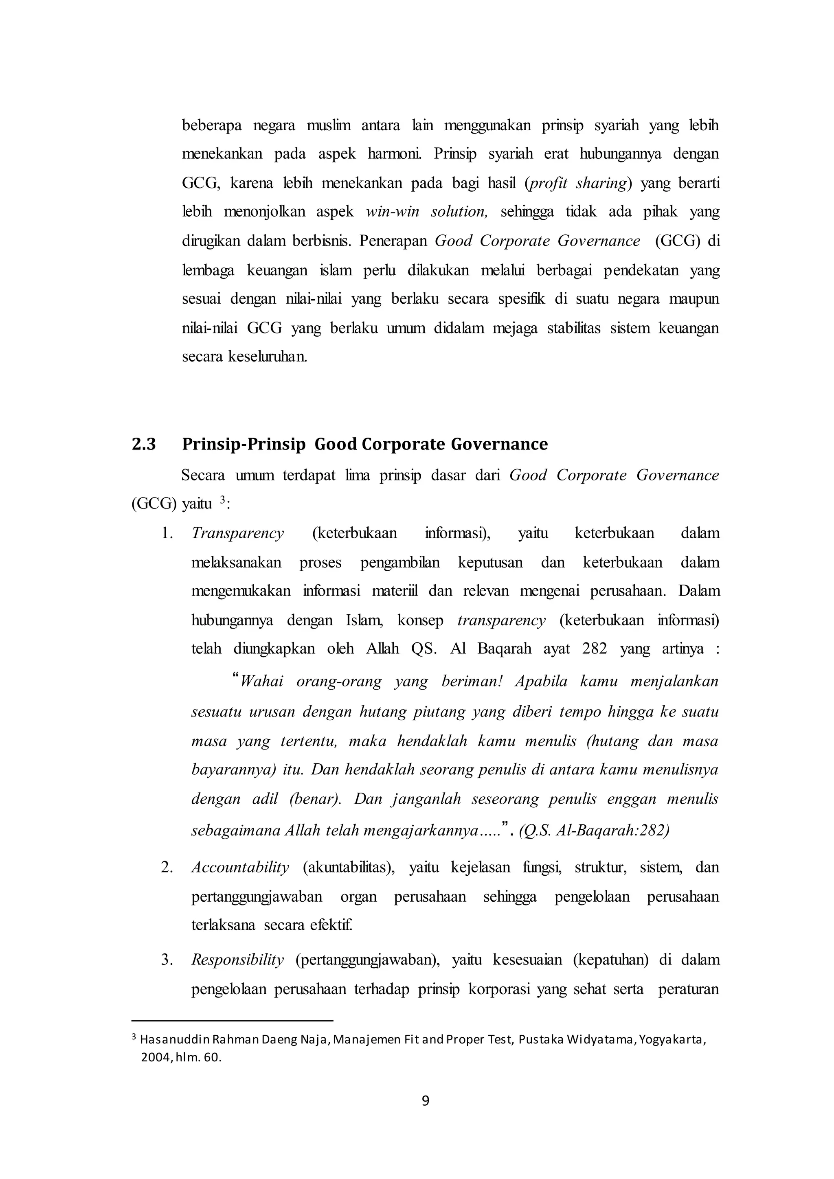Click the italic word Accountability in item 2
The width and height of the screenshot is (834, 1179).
tap(240, 867)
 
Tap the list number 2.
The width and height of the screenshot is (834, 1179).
tap(167, 867)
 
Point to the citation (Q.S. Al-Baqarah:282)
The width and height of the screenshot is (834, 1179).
tap(594, 831)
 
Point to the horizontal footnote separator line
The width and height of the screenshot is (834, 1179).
tap(232, 1021)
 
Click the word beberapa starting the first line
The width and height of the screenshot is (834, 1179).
tap(212, 125)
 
